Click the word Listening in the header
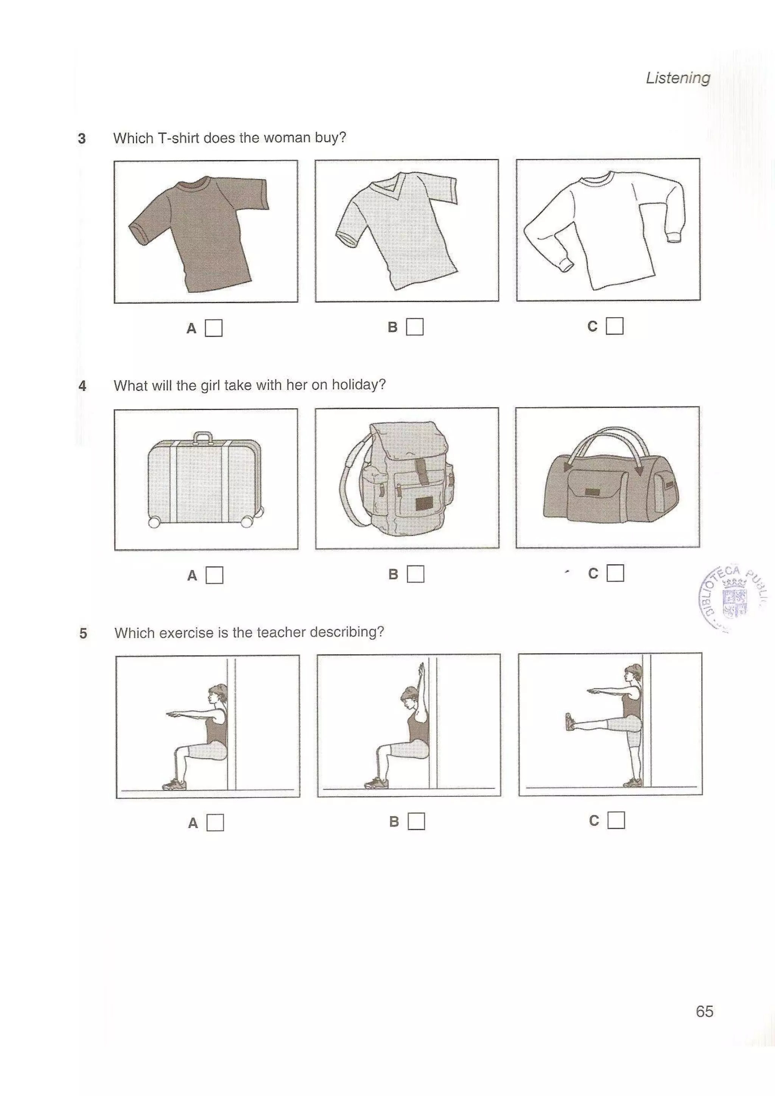678,78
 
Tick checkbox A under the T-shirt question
213,328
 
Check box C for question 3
614,326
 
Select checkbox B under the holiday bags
415,574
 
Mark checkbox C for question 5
616,820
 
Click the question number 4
82,386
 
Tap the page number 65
704,1011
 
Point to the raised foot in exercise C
570,721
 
